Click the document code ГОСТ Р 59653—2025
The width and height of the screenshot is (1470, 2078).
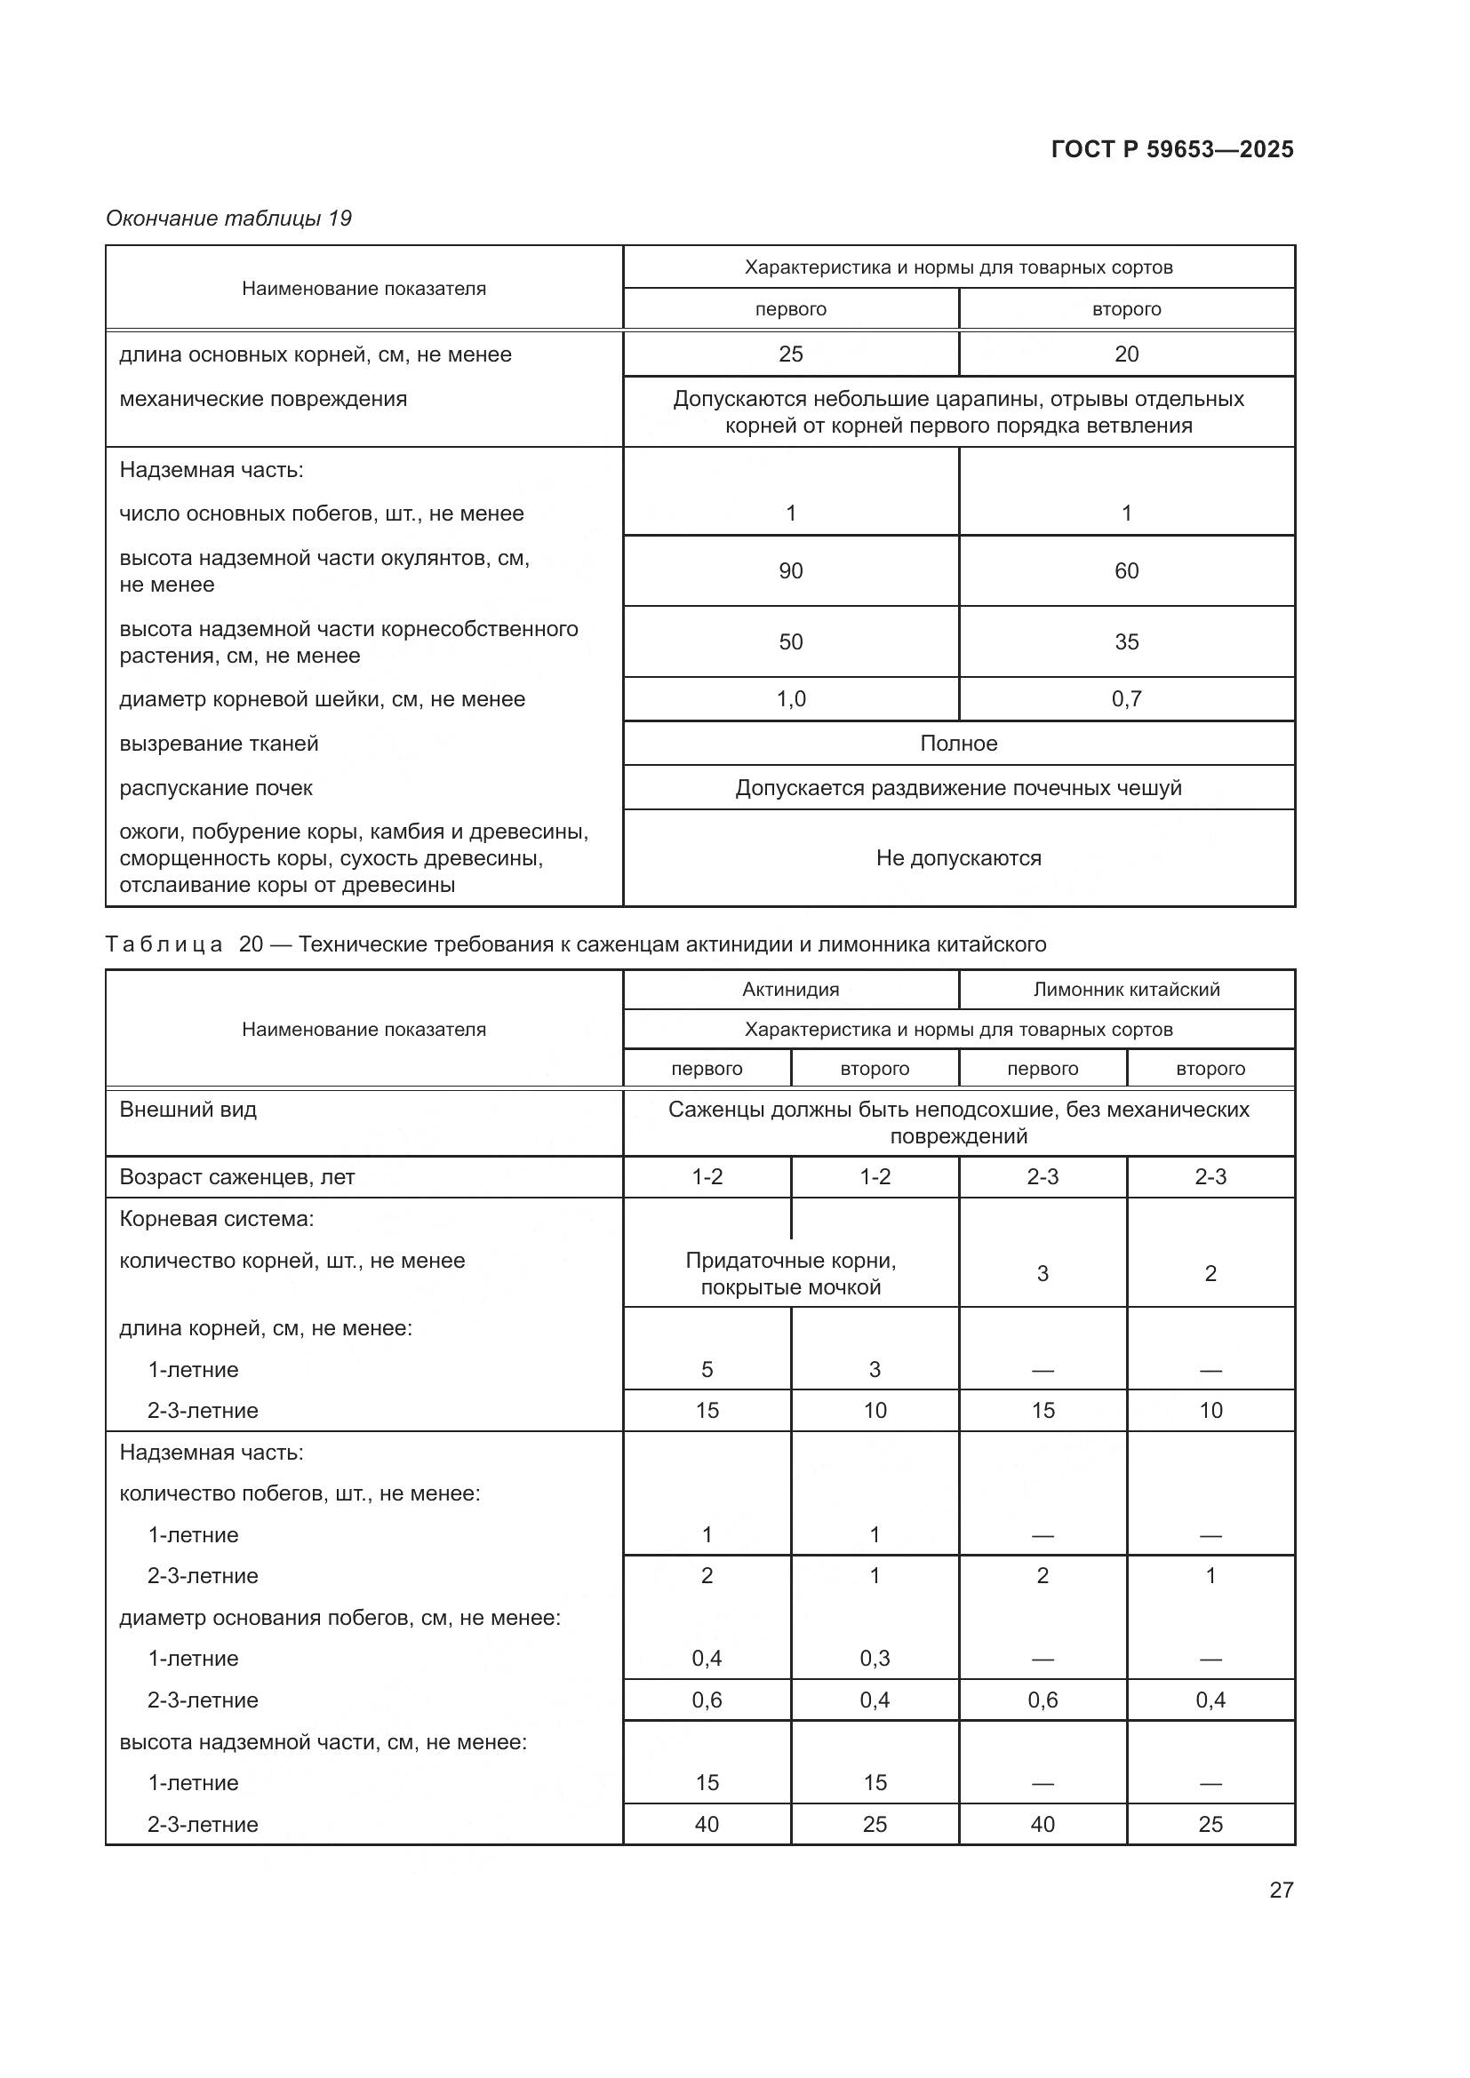tap(1171, 149)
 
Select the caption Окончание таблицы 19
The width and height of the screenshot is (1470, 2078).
tap(228, 219)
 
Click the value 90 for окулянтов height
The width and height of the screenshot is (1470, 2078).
tap(790, 571)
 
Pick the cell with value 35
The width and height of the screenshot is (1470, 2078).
tap(1126, 641)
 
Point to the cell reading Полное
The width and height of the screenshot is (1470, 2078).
tap(958, 743)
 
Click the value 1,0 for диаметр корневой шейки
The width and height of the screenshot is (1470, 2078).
tap(790, 698)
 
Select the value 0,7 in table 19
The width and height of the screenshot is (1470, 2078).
tap(1126, 698)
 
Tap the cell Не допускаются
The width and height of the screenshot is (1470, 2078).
tap(958, 858)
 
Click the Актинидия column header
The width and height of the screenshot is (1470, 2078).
tap(790, 989)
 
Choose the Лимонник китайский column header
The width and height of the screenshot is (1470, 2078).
tap(1126, 989)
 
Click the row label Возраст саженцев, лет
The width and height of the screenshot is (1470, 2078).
tap(237, 1177)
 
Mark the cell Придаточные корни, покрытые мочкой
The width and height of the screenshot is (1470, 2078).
tap(790, 1273)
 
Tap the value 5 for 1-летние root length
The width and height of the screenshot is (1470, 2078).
tap(707, 1369)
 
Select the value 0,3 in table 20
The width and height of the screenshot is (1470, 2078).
tap(875, 1658)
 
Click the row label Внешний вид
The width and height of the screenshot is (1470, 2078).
tap(188, 1110)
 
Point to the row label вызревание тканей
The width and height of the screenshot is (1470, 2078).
tap(219, 744)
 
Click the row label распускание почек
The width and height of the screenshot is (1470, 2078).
tap(215, 788)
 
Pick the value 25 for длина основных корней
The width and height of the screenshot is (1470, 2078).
tap(790, 354)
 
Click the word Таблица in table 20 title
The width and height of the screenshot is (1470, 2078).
tap(164, 945)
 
